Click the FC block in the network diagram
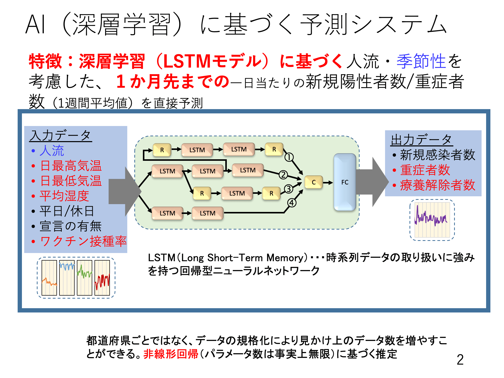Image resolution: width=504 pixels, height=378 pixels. (x=345, y=182)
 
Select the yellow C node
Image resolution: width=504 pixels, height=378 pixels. (x=313, y=182)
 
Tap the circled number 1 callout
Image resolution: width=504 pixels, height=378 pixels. (x=289, y=157)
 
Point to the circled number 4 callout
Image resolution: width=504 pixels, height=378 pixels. (x=292, y=203)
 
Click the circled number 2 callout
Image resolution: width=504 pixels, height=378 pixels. (x=283, y=175)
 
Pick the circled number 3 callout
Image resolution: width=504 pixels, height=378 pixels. (x=289, y=189)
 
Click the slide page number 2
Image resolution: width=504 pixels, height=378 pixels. (x=460, y=360)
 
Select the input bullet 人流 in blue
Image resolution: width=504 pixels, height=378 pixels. (x=52, y=151)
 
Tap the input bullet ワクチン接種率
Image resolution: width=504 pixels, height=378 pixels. (x=83, y=241)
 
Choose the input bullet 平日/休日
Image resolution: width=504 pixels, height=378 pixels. (x=67, y=211)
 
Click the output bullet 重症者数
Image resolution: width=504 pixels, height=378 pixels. (x=425, y=170)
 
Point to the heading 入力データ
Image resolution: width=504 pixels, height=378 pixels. (x=60, y=135)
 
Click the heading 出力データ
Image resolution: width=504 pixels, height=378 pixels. (x=422, y=140)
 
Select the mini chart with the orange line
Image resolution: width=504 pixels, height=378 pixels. (x=49, y=278)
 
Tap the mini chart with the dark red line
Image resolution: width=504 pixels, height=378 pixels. (x=102, y=278)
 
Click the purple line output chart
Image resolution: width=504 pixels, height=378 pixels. (x=432, y=220)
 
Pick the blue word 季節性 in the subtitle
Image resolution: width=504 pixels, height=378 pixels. (x=421, y=61)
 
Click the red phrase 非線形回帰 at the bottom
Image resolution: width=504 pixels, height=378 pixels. (x=171, y=354)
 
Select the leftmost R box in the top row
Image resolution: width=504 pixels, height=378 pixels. (x=162, y=150)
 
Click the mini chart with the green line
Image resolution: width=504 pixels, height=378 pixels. (x=84, y=278)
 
